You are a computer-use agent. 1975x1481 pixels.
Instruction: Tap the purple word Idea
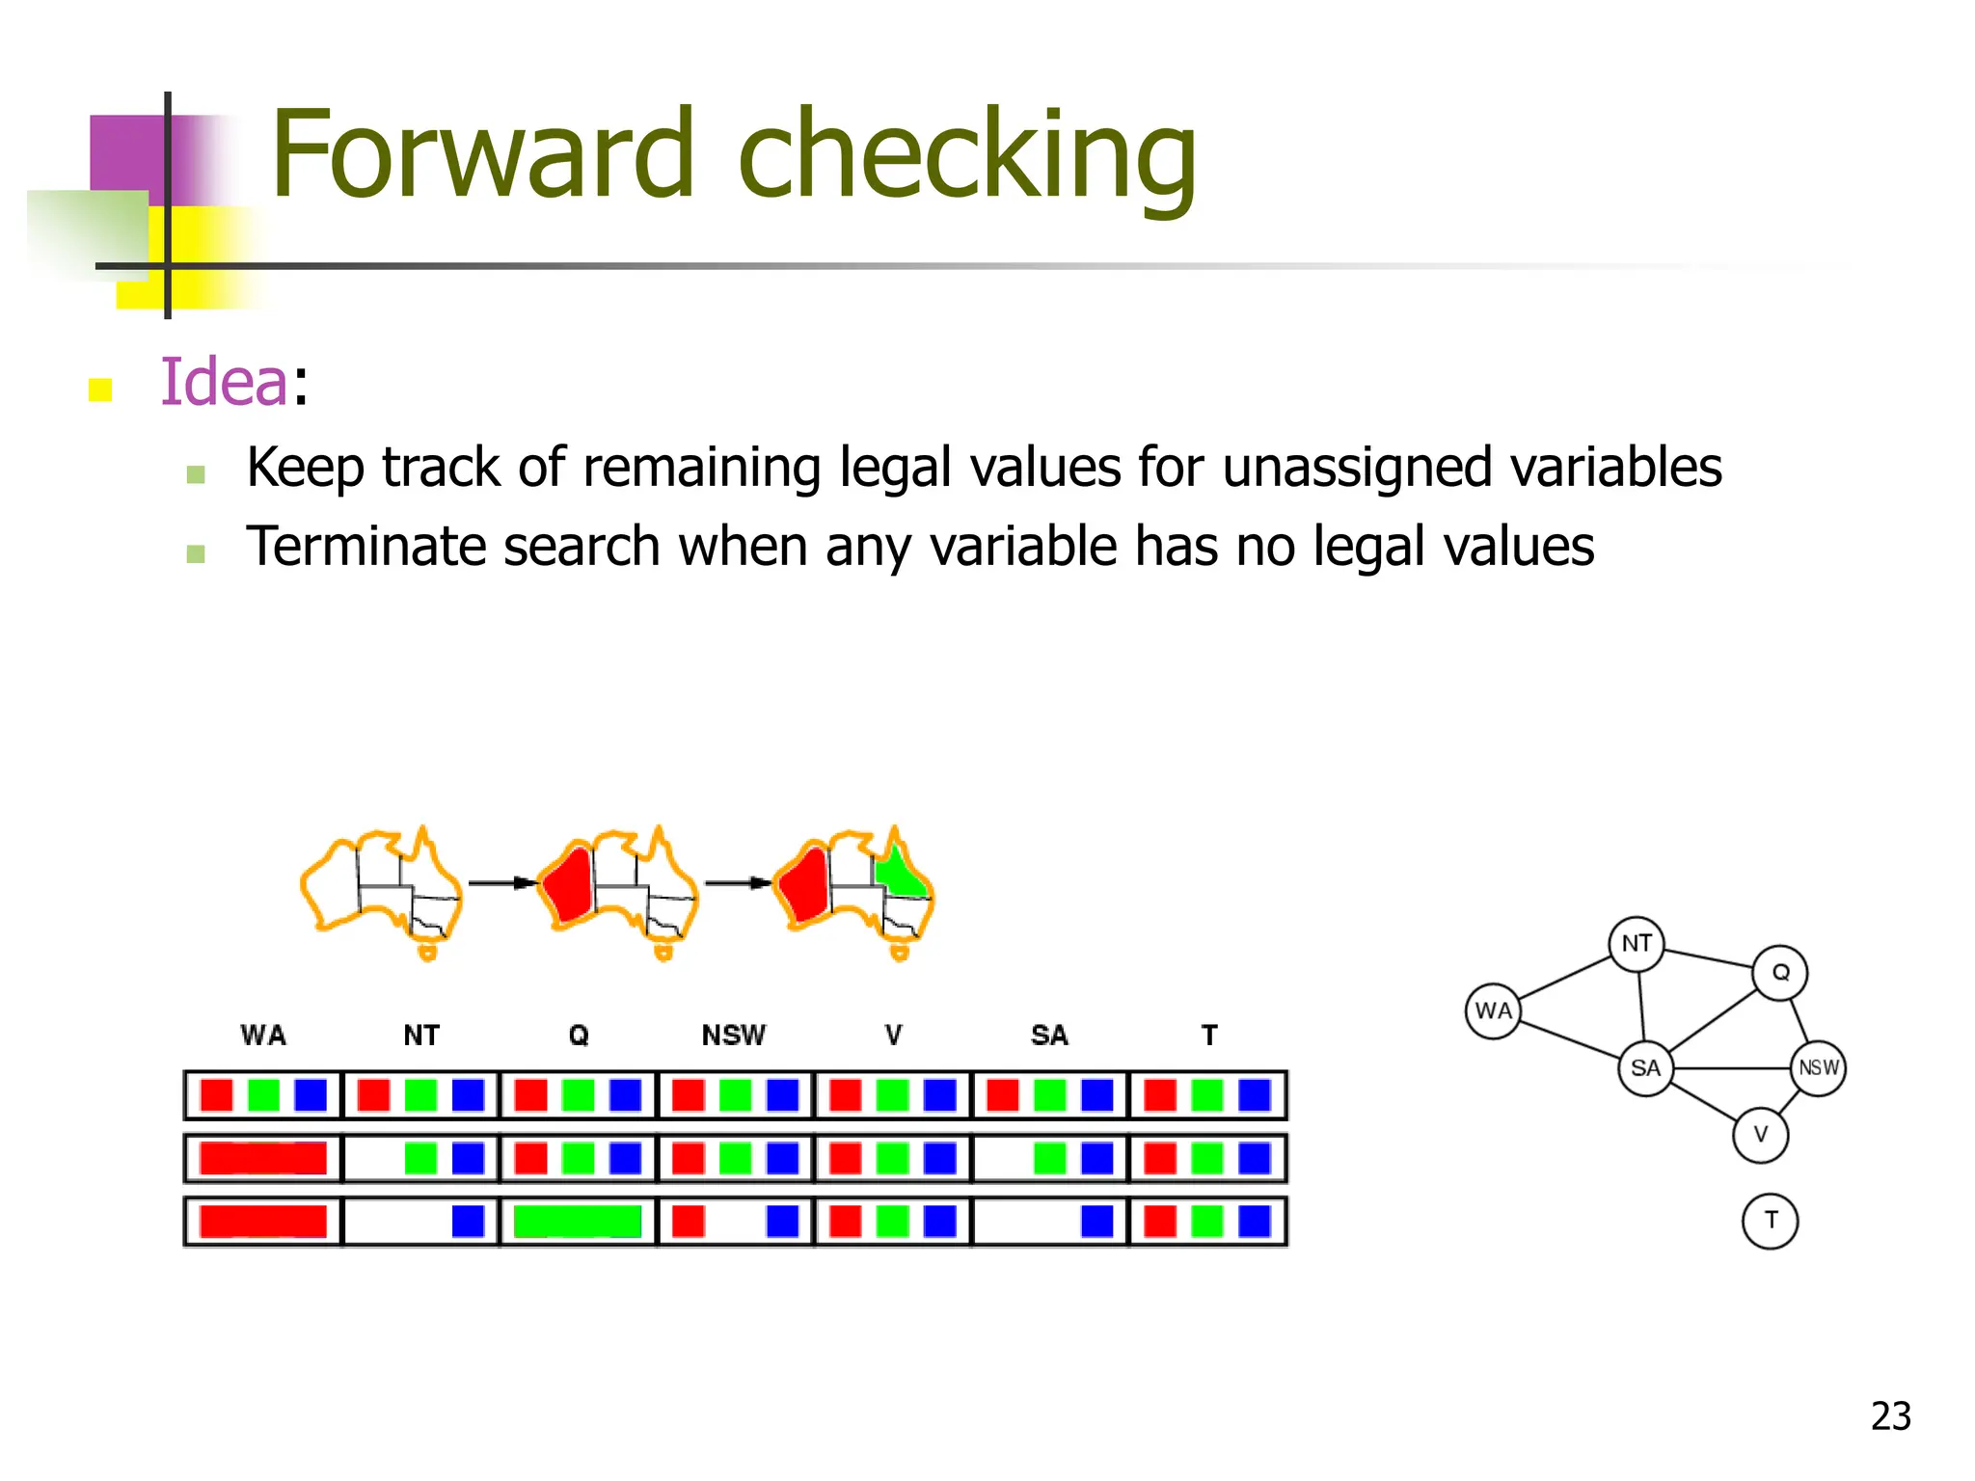(224, 382)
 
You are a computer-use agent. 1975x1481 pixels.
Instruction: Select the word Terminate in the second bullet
(365, 547)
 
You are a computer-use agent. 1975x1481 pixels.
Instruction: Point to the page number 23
(1890, 1416)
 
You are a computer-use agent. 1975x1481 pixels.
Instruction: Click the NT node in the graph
(1637, 944)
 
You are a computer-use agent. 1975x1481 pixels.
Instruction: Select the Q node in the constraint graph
(1780, 972)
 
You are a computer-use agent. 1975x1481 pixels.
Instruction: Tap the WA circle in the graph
(1493, 1010)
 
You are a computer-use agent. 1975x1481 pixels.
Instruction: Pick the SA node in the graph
(1645, 1068)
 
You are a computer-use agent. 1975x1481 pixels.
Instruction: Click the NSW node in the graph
(1819, 1068)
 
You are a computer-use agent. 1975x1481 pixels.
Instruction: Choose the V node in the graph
(1760, 1135)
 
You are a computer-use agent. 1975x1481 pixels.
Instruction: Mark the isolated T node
(1770, 1221)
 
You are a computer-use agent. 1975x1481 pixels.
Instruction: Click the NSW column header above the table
(733, 1036)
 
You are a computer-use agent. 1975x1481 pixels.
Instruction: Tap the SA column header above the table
(1049, 1036)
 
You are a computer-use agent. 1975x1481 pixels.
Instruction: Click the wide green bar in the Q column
(578, 1222)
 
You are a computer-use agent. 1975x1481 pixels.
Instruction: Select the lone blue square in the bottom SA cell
(1097, 1222)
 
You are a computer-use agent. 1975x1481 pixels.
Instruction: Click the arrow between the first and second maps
(501, 882)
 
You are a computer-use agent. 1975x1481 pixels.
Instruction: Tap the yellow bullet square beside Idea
(100, 390)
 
